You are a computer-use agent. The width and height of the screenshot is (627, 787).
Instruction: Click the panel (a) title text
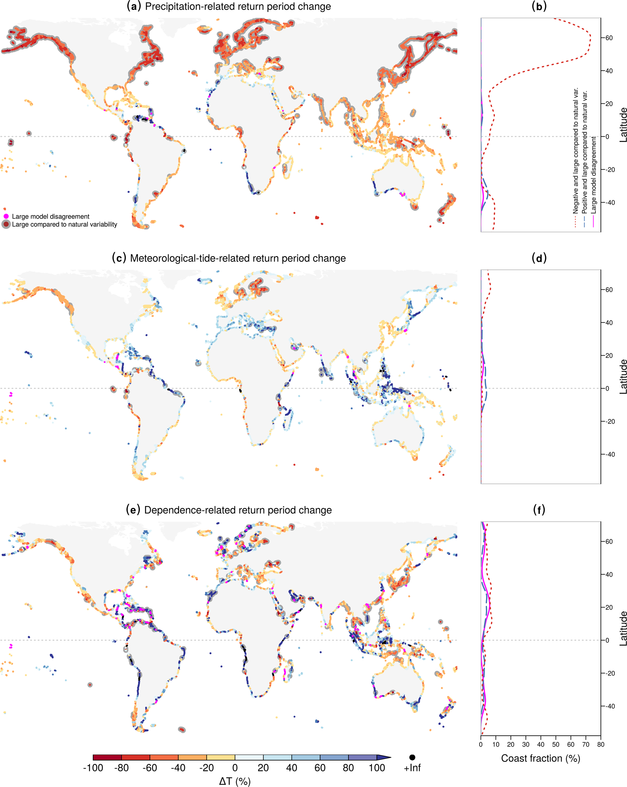tap(229, 7)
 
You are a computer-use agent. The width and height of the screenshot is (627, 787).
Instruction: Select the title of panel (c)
tap(229, 258)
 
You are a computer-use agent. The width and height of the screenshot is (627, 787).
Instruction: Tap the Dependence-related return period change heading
tap(229, 510)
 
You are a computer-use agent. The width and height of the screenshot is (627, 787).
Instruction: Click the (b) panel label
tap(539, 7)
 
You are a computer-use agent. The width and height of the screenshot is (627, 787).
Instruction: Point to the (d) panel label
tap(539, 258)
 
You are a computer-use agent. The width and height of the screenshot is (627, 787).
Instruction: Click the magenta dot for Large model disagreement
tap(6, 216)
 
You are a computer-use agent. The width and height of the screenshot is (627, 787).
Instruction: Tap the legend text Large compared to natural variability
tap(65, 224)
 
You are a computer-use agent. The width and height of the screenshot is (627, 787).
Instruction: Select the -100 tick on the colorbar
tap(93, 768)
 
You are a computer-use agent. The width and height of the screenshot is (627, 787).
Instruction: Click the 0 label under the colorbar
tap(235, 768)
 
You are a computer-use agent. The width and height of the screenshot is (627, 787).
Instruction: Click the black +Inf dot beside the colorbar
tap(412, 757)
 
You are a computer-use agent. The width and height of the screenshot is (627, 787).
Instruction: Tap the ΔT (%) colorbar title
tap(235, 781)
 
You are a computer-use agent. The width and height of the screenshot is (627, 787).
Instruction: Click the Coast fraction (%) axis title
tap(540, 759)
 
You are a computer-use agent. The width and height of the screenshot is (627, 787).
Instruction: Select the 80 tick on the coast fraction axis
tap(601, 745)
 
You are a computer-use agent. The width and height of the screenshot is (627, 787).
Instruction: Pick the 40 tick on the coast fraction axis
tap(540, 745)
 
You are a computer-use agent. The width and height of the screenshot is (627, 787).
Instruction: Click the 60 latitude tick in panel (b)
tap(609, 38)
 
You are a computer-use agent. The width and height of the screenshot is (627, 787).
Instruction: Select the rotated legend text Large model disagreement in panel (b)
tap(594, 175)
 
